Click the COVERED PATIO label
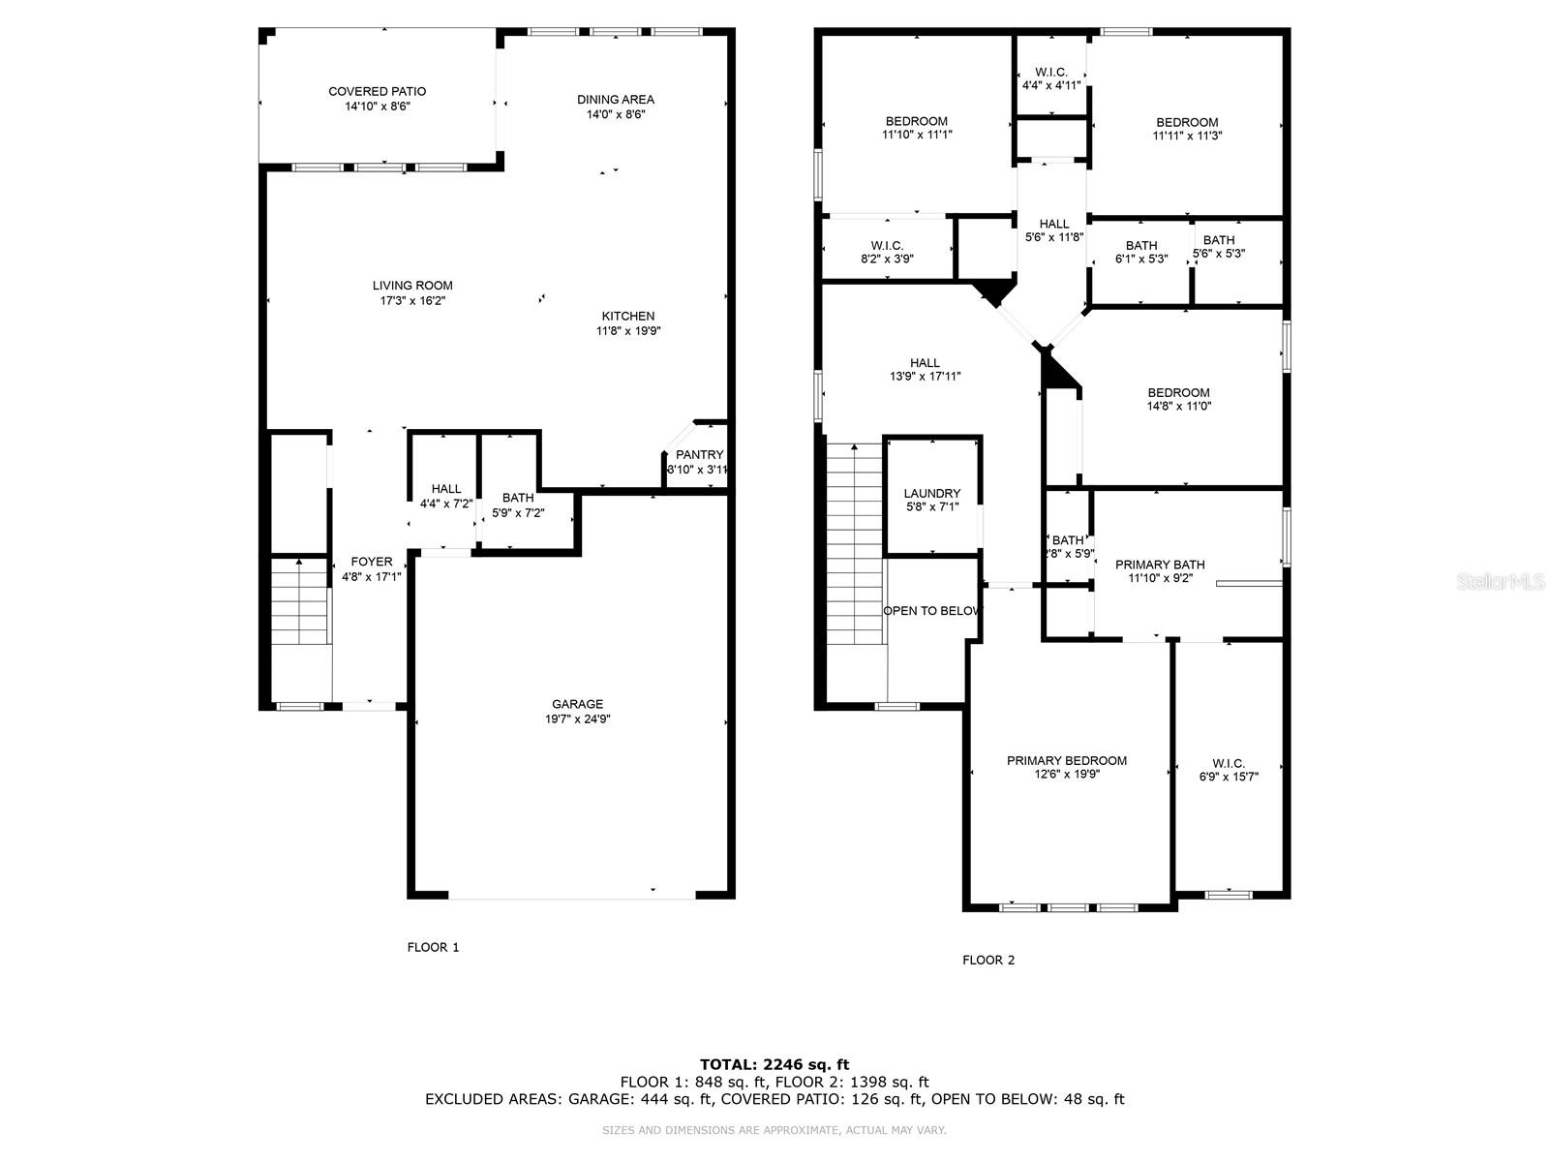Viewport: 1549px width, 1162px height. click(x=377, y=92)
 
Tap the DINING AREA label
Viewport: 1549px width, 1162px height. click(x=616, y=100)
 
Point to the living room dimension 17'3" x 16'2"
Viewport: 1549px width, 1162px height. click(x=412, y=300)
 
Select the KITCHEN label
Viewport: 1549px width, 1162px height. click(x=628, y=316)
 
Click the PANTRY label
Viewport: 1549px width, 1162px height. click(x=699, y=454)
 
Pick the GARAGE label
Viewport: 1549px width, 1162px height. click(x=577, y=704)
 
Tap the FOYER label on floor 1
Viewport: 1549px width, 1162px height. click(x=371, y=562)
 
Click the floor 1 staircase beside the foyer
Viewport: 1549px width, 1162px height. click(x=299, y=601)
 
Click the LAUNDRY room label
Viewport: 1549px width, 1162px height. click(x=932, y=493)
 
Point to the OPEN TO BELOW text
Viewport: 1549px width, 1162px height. click(x=932, y=611)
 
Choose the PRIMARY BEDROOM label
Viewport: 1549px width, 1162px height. click(x=1066, y=760)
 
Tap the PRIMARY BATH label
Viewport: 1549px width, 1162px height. click(x=1160, y=565)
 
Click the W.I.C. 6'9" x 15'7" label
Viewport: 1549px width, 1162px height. click(x=1229, y=770)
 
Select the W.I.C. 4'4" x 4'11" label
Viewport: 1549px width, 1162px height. click(x=1050, y=78)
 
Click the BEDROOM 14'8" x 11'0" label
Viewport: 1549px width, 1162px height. click(x=1178, y=399)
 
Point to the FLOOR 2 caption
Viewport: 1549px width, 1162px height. click(x=988, y=961)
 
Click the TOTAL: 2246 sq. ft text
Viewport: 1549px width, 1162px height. click(x=774, y=1064)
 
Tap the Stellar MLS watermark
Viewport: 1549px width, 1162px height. click(x=1501, y=581)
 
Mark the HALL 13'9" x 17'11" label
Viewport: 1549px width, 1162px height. click(x=925, y=370)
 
